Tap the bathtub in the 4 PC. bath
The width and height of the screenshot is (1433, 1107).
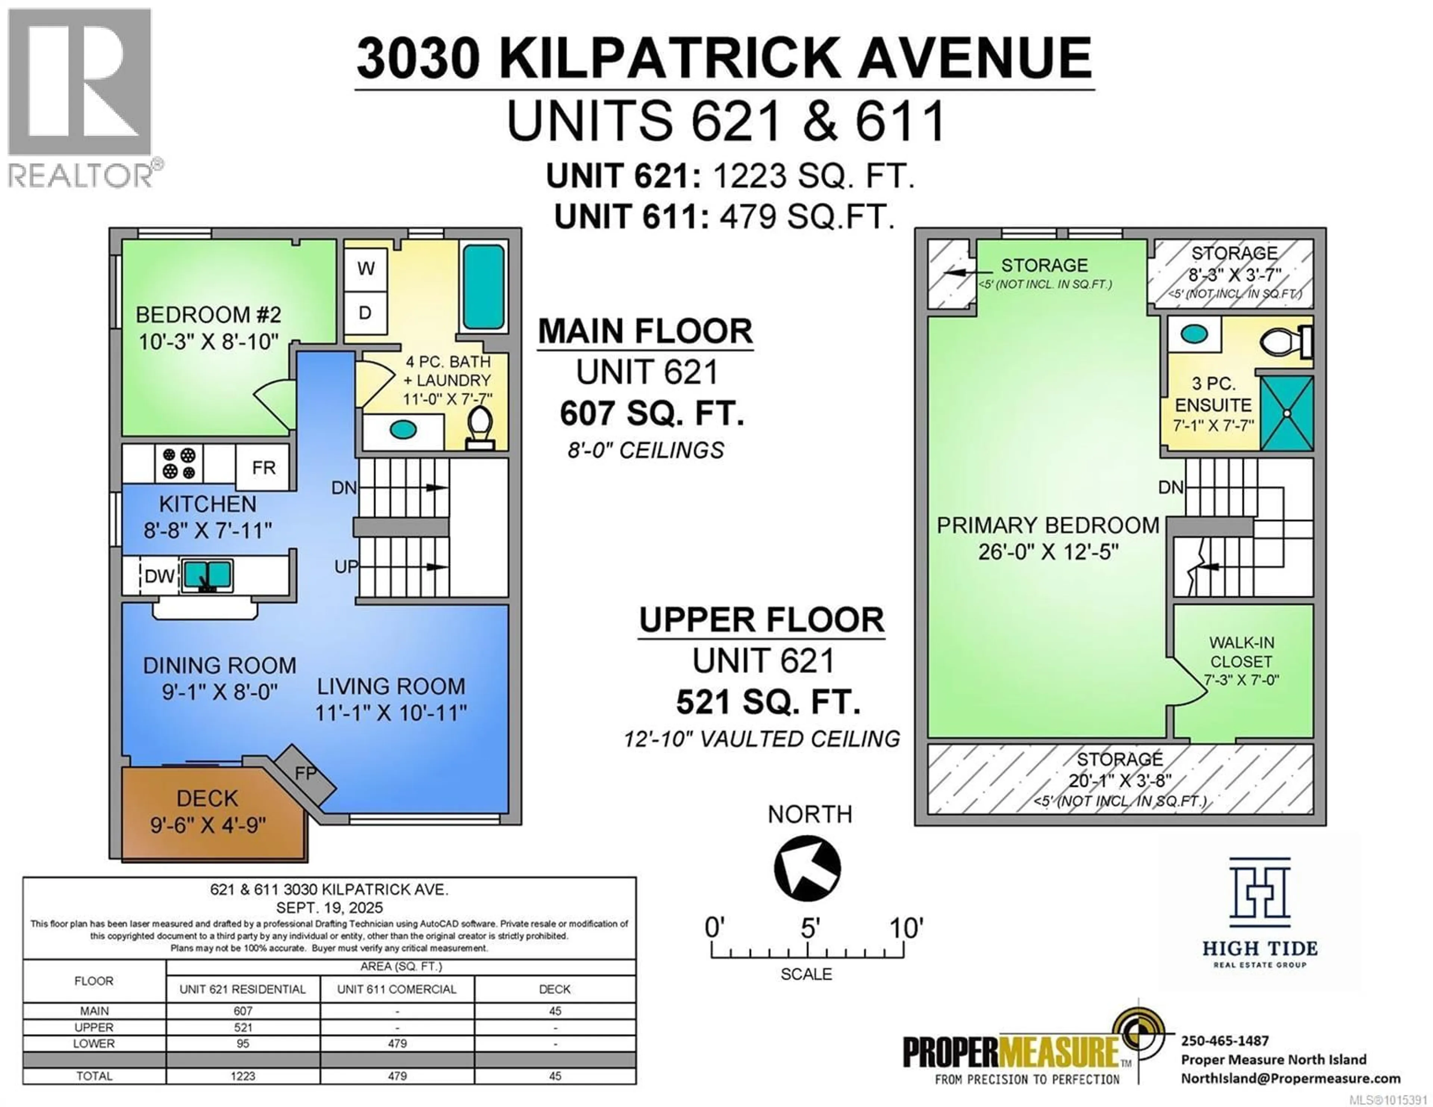pos(484,287)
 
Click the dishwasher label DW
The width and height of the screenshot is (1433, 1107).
pos(159,576)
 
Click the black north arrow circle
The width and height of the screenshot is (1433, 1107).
pos(807,868)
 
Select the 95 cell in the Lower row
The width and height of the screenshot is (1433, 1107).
pos(243,1043)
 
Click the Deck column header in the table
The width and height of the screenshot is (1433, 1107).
pos(555,989)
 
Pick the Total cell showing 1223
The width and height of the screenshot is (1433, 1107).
pos(243,1076)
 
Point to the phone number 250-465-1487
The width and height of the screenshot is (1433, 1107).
pos(1225,1041)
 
